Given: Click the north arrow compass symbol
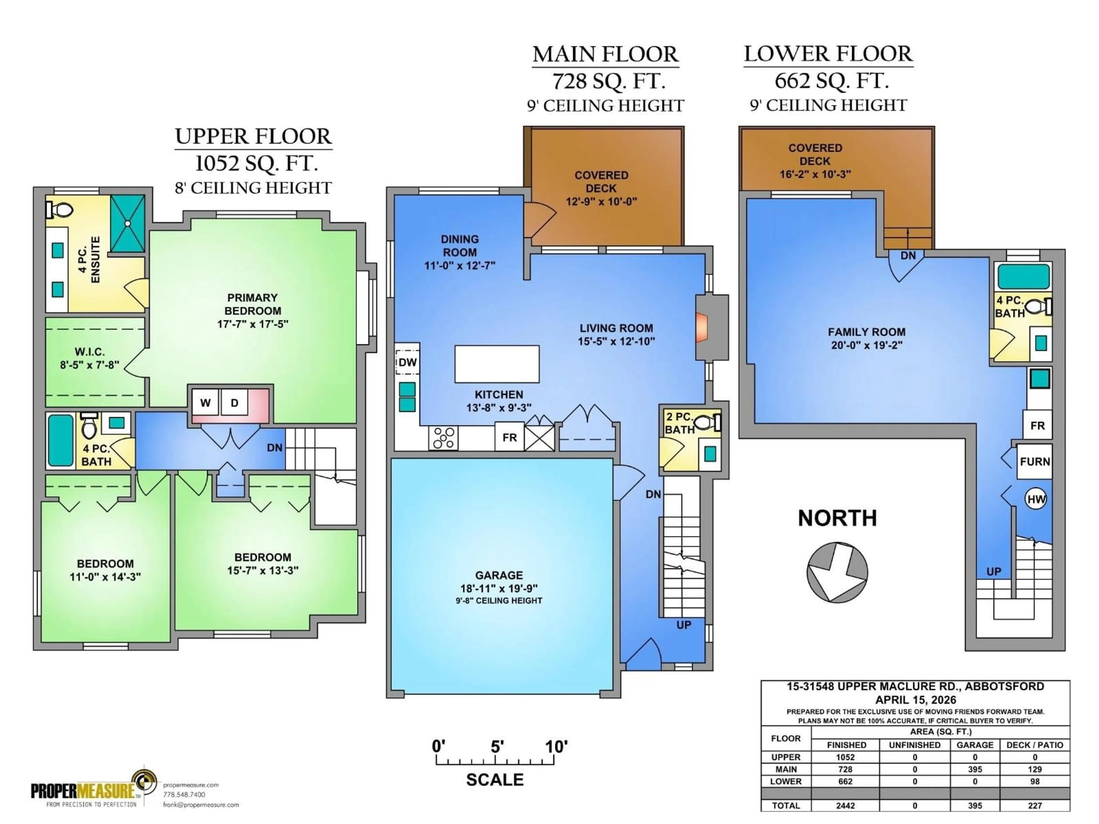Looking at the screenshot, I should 837,572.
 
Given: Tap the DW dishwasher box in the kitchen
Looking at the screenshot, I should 408,362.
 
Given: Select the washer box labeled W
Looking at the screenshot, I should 205,403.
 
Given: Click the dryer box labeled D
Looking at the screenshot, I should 234,403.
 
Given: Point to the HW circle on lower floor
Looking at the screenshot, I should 1036,499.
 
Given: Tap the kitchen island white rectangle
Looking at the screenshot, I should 497,364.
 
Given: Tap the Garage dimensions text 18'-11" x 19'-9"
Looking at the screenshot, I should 499,588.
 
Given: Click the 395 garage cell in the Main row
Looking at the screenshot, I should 975,769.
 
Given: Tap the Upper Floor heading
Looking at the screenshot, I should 253,136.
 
